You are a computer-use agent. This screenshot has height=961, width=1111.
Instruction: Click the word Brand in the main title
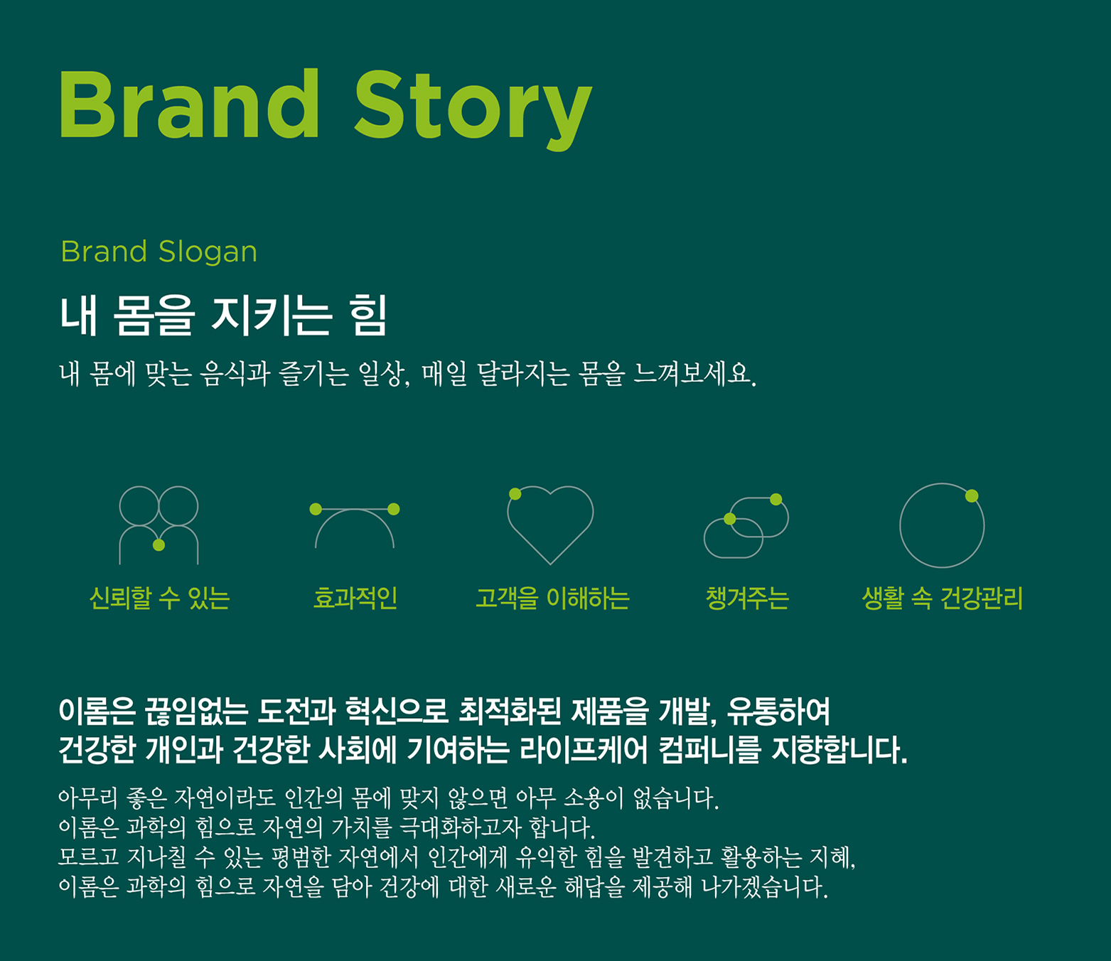point(189,104)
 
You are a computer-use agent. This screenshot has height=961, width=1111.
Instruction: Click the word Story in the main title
point(473,110)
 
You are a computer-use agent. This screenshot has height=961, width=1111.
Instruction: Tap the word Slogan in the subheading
point(208,252)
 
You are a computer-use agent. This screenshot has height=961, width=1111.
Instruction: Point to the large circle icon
point(901,526)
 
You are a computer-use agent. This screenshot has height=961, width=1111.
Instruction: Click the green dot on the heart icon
point(515,494)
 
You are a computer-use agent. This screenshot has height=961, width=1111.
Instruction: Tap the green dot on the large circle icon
point(972,495)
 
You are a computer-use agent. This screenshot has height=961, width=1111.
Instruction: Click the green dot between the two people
point(159,545)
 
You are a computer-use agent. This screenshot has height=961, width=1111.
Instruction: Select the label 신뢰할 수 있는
point(159,598)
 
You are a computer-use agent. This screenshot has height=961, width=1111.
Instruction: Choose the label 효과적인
point(355,598)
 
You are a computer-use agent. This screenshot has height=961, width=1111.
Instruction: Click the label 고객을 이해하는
point(552,598)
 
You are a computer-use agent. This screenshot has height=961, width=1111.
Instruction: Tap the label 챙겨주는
point(747,598)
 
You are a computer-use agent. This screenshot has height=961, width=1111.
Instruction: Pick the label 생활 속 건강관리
point(943,598)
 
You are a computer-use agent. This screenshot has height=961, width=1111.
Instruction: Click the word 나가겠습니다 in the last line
point(765,887)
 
